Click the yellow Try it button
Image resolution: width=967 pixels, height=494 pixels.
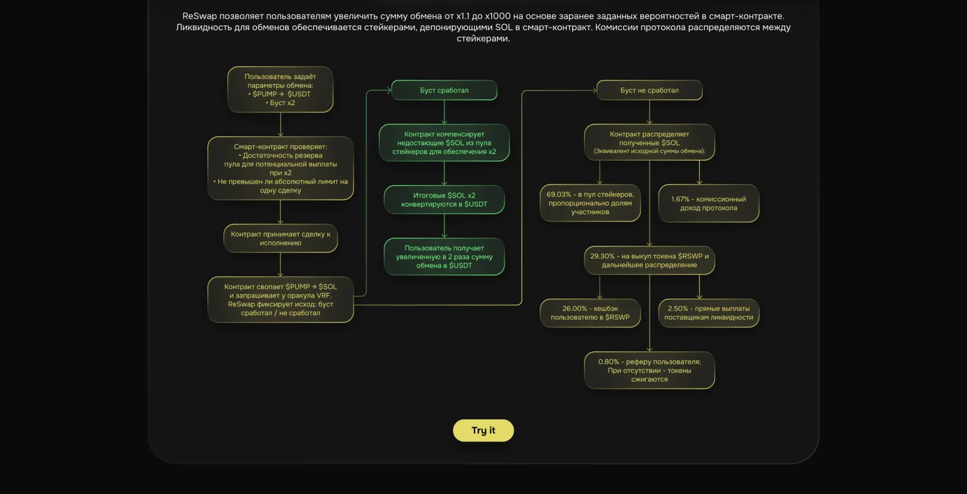coord(483,430)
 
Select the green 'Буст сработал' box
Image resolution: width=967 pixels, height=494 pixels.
coord(444,90)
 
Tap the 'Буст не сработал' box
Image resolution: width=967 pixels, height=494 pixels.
coord(649,90)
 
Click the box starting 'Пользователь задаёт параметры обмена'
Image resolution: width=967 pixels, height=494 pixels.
coord(280,89)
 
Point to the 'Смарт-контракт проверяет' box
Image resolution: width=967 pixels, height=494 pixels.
coord(280,168)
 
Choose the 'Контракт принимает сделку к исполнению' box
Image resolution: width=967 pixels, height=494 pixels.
coord(280,238)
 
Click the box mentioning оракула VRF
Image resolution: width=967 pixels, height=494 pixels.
coord(280,300)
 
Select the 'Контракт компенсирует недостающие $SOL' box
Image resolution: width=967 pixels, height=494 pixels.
coord(444,143)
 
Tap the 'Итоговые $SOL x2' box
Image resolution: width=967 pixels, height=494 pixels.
coord(444,200)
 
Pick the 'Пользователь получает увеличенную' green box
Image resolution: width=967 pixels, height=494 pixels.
coord(444,257)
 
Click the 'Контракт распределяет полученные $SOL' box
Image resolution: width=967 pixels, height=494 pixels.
coord(649,143)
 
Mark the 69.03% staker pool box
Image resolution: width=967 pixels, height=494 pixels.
coord(590,203)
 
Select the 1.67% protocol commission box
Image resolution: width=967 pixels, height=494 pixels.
coord(708,203)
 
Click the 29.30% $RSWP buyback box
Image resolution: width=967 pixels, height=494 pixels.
coord(649,260)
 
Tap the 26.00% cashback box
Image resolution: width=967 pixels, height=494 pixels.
coord(590,313)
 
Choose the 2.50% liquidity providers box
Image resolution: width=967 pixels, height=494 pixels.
coord(708,313)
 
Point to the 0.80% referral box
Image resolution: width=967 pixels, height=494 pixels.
coord(649,370)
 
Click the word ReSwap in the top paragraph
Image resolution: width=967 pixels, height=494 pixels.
coord(199,16)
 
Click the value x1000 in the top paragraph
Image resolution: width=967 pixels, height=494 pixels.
coord(498,16)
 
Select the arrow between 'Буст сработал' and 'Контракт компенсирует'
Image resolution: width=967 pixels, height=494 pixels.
coord(444,112)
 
